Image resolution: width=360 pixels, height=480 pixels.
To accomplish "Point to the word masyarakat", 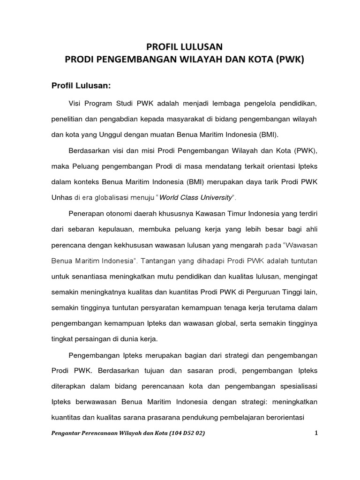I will [185, 119].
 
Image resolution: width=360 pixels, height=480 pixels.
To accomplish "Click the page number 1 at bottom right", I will [316, 433].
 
